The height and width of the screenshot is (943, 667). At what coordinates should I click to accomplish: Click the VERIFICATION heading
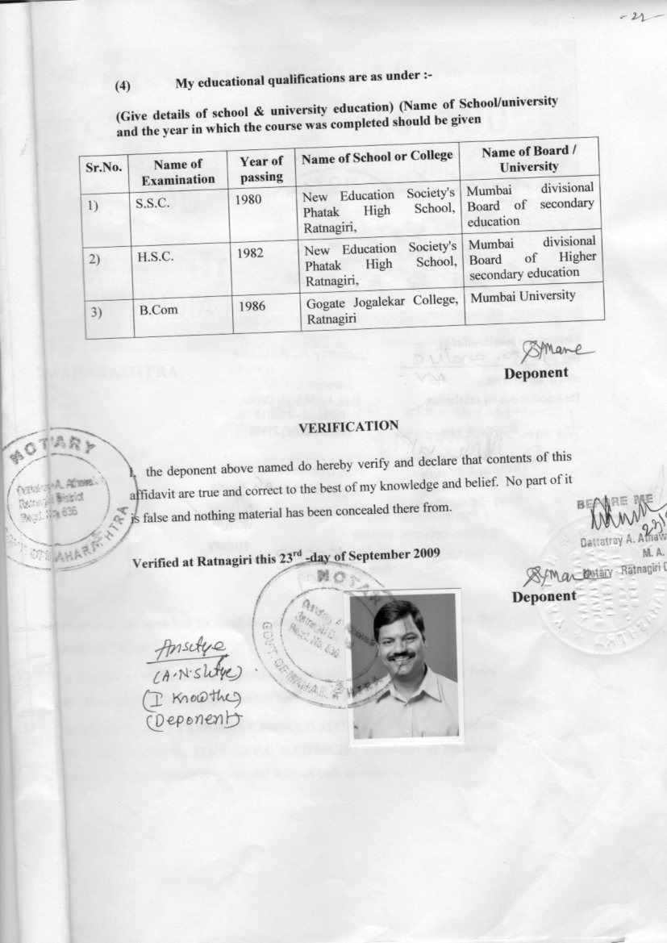coord(348,425)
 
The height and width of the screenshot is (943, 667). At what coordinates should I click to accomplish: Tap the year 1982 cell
coord(251,252)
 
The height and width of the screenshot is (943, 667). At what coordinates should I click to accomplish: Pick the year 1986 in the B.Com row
coord(252,306)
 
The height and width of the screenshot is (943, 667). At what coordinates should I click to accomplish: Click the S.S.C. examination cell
coord(152,203)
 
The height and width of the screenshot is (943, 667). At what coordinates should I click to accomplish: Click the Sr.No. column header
coord(104,168)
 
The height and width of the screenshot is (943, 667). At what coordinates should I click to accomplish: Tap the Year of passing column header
coord(261,169)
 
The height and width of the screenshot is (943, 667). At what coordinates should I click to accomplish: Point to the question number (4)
coord(123,85)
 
